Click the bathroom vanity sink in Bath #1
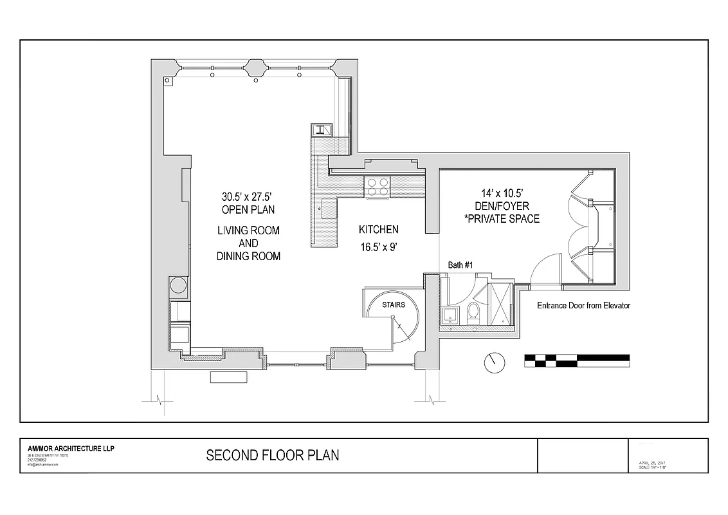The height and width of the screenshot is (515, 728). click(x=450, y=315)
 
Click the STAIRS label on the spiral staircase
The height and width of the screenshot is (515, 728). click(x=393, y=304)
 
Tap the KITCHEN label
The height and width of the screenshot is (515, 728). click(x=378, y=230)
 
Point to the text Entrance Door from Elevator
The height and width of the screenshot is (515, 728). click(x=583, y=306)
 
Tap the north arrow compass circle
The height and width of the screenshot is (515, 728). click(x=495, y=362)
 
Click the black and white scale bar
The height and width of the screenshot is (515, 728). click(x=577, y=360)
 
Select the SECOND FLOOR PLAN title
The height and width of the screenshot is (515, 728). click(x=272, y=456)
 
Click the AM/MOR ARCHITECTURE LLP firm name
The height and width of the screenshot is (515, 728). click(x=71, y=449)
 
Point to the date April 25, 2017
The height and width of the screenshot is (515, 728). click(x=653, y=462)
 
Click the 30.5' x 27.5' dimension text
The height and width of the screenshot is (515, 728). click(x=248, y=197)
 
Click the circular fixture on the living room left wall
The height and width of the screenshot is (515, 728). click(x=178, y=285)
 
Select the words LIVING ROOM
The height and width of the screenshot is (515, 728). click(x=248, y=230)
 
